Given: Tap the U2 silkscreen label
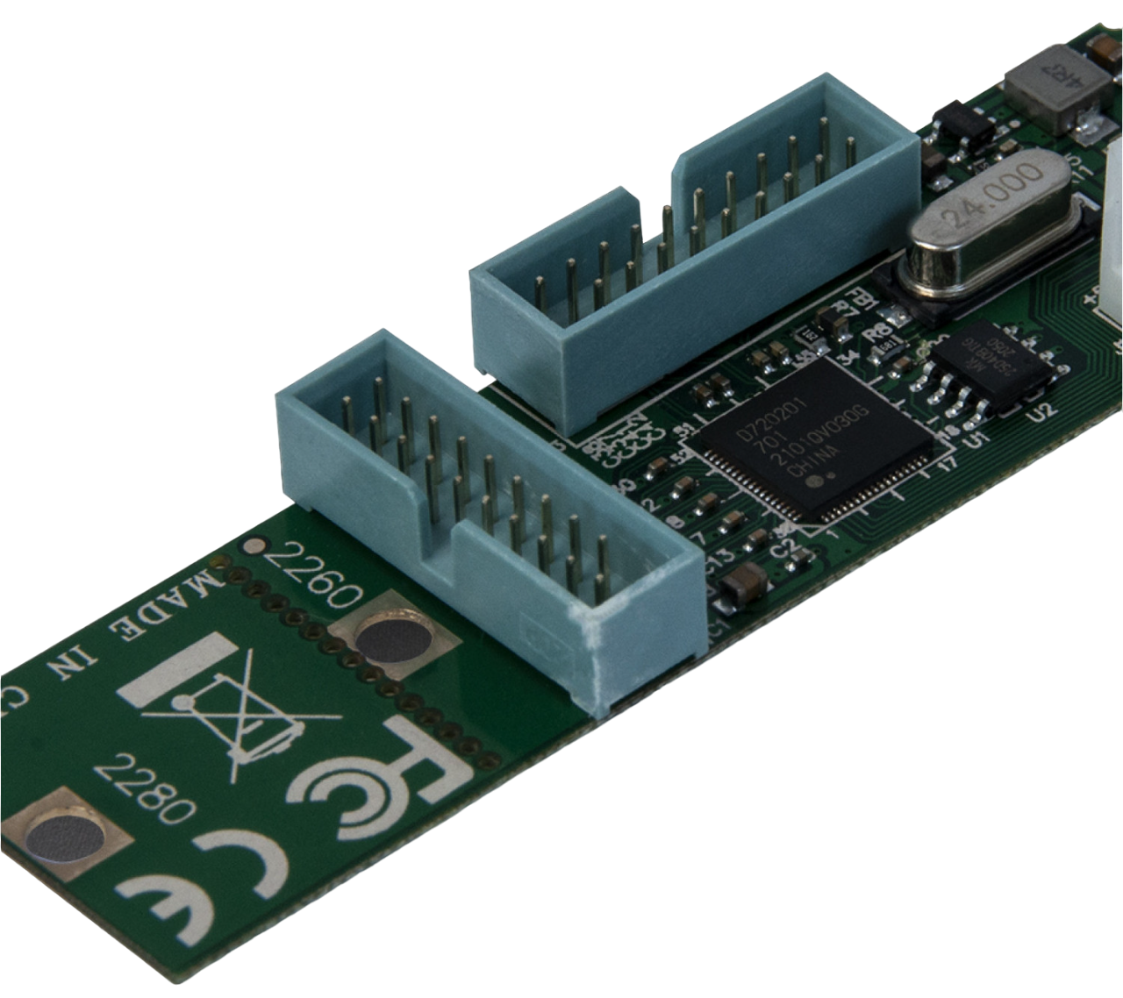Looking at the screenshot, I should click(x=1046, y=408).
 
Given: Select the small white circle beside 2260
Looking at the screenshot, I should click(x=255, y=546).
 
